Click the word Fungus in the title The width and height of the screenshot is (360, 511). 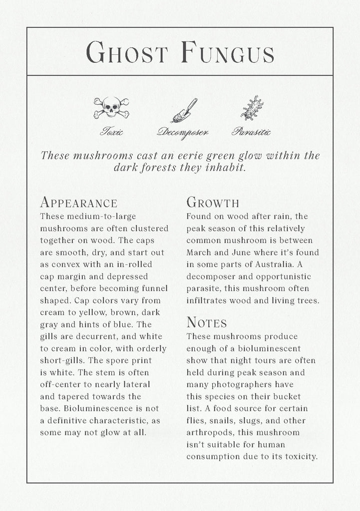tap(228, 52)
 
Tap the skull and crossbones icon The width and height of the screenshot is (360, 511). tap(111, 108)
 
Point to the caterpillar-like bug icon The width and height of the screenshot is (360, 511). tap(252, 108)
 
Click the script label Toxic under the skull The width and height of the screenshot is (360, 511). tap(111, 132)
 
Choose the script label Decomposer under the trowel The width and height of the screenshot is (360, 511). tap(183, 132)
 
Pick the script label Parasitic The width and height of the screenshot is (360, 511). tap(251, 132)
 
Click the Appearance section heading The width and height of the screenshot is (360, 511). tap(78, 203)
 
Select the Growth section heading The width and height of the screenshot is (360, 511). tap(213, 203)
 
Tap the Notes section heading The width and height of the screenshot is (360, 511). tap(207, 322)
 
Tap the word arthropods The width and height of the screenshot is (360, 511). tap(210, 433)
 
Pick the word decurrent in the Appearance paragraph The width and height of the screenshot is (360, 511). tap(94, 337)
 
